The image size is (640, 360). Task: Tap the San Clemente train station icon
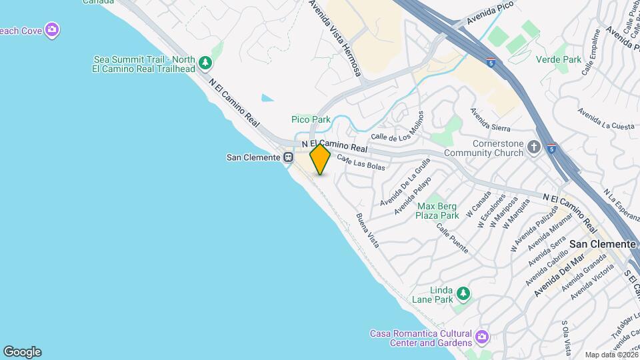[289, 158]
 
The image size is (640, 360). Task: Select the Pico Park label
[311, 119]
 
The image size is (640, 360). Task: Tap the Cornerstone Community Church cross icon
[533, 147]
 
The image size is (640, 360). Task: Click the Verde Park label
[559, 59]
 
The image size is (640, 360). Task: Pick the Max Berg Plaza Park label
[437, 211]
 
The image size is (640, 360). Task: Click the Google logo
[22, 352]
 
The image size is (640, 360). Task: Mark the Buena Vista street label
[367, 231]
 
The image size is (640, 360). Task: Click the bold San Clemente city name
[602, 244]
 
